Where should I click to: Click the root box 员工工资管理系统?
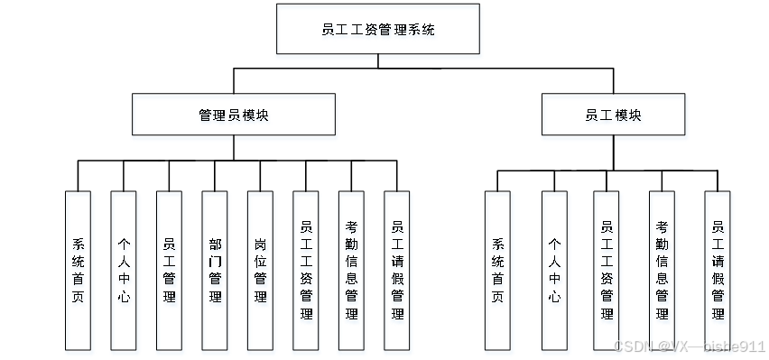(378, 29)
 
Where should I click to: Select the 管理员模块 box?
(234, 115)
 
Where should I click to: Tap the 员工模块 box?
(613, 115)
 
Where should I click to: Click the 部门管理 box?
(214, 271)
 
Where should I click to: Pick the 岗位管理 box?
(260, 271)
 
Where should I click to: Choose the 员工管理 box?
(169, 271)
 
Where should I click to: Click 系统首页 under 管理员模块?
(78, 271)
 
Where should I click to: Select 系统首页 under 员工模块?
(497, 271)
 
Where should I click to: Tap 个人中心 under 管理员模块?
(123, 271)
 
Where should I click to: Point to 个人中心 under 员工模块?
(554, 271)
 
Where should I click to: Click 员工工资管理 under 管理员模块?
(306, 271)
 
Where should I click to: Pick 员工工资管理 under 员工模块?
(607, 271)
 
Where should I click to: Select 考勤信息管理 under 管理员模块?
(351, 271)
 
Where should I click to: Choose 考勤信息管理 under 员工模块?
(662, 271)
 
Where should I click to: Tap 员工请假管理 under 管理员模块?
(397, 271)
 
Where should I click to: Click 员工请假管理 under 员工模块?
(718, 271)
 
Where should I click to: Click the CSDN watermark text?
(689, 346)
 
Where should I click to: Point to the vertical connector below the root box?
(378, 60)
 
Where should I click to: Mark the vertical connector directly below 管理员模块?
(234, 148)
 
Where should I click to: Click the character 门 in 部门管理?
(215, 262)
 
